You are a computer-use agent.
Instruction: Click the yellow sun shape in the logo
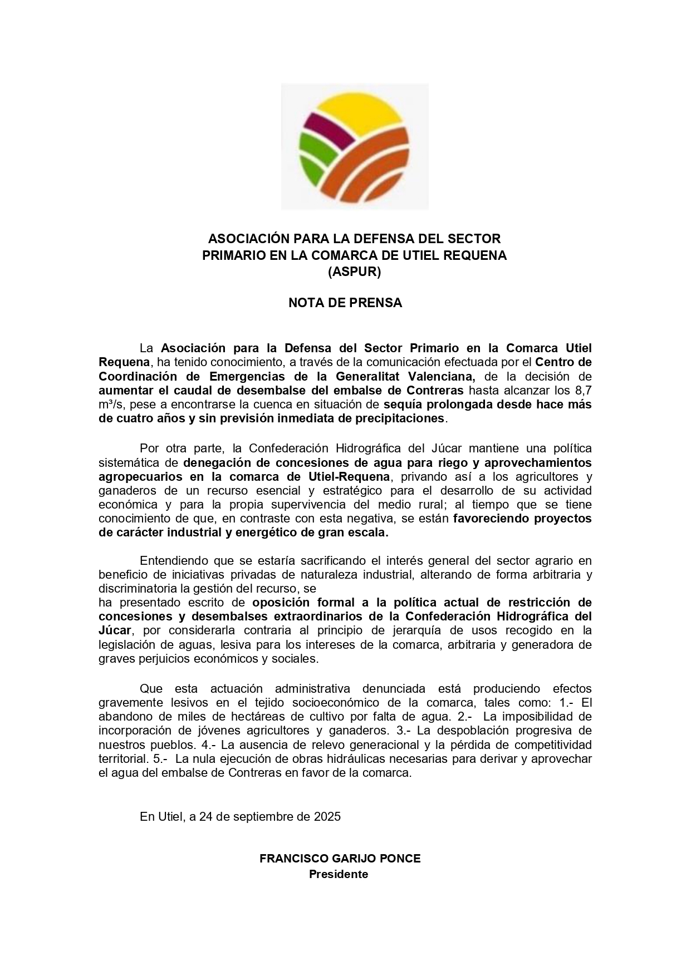coord(356,111)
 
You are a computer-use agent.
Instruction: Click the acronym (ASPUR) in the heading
coord(354,272)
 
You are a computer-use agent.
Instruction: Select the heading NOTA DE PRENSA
coord(345,303)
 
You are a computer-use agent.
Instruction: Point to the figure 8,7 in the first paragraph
coord(582,390)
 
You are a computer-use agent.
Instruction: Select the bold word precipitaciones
coord(396,418)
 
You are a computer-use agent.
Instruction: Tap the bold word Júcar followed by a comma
coord(115,630)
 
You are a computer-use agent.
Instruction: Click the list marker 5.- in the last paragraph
coord(160,759)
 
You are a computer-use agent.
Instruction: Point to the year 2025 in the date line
coord(327,817)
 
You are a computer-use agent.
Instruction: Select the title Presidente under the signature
coord(339,874)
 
